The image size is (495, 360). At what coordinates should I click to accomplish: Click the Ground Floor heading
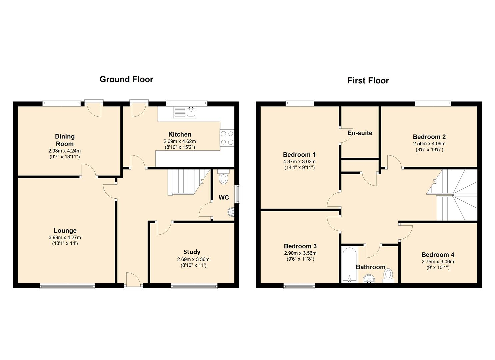[x=126, y=79]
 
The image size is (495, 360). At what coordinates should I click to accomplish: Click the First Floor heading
[x=368, y=80]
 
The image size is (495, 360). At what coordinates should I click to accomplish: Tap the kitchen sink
[x=185, y=112]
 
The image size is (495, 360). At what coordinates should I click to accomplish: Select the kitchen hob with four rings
[x=227, y=137]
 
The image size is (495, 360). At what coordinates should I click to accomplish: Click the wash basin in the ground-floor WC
[x=231, y=212]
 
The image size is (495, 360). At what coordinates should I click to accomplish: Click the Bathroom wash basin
[x=369, y=279]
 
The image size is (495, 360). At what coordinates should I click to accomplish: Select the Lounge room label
[x=65, y=230]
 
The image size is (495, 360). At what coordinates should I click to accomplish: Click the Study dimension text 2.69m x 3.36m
[x=193, y=259]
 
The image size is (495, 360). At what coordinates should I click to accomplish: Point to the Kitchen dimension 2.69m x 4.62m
[x=180, y=141]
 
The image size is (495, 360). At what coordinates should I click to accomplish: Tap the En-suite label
[x=360, y=133]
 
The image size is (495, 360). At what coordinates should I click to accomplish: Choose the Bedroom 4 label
[x=438, y=255]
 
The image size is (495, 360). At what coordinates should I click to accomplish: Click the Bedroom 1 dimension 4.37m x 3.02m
[x=299, y=162]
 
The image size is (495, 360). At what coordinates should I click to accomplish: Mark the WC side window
[x=237, y=194]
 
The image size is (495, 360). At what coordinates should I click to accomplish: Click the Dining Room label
[x=65, y=140]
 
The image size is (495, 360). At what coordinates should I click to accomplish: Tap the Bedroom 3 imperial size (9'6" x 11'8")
[x=300, y=259]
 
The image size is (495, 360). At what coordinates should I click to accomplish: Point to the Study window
[x=194, y=286]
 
